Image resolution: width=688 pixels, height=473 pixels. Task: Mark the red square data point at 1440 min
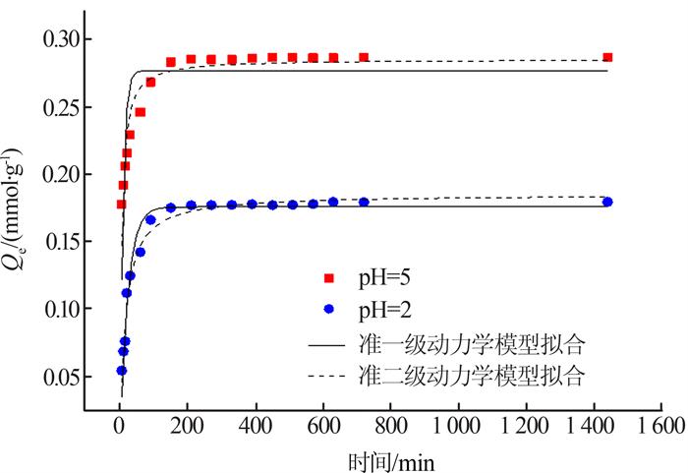tap(607, 57)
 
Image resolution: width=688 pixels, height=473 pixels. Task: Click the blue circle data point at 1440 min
tap(607, 202)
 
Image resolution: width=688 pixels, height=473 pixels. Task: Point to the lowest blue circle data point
tap(121, 371)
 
